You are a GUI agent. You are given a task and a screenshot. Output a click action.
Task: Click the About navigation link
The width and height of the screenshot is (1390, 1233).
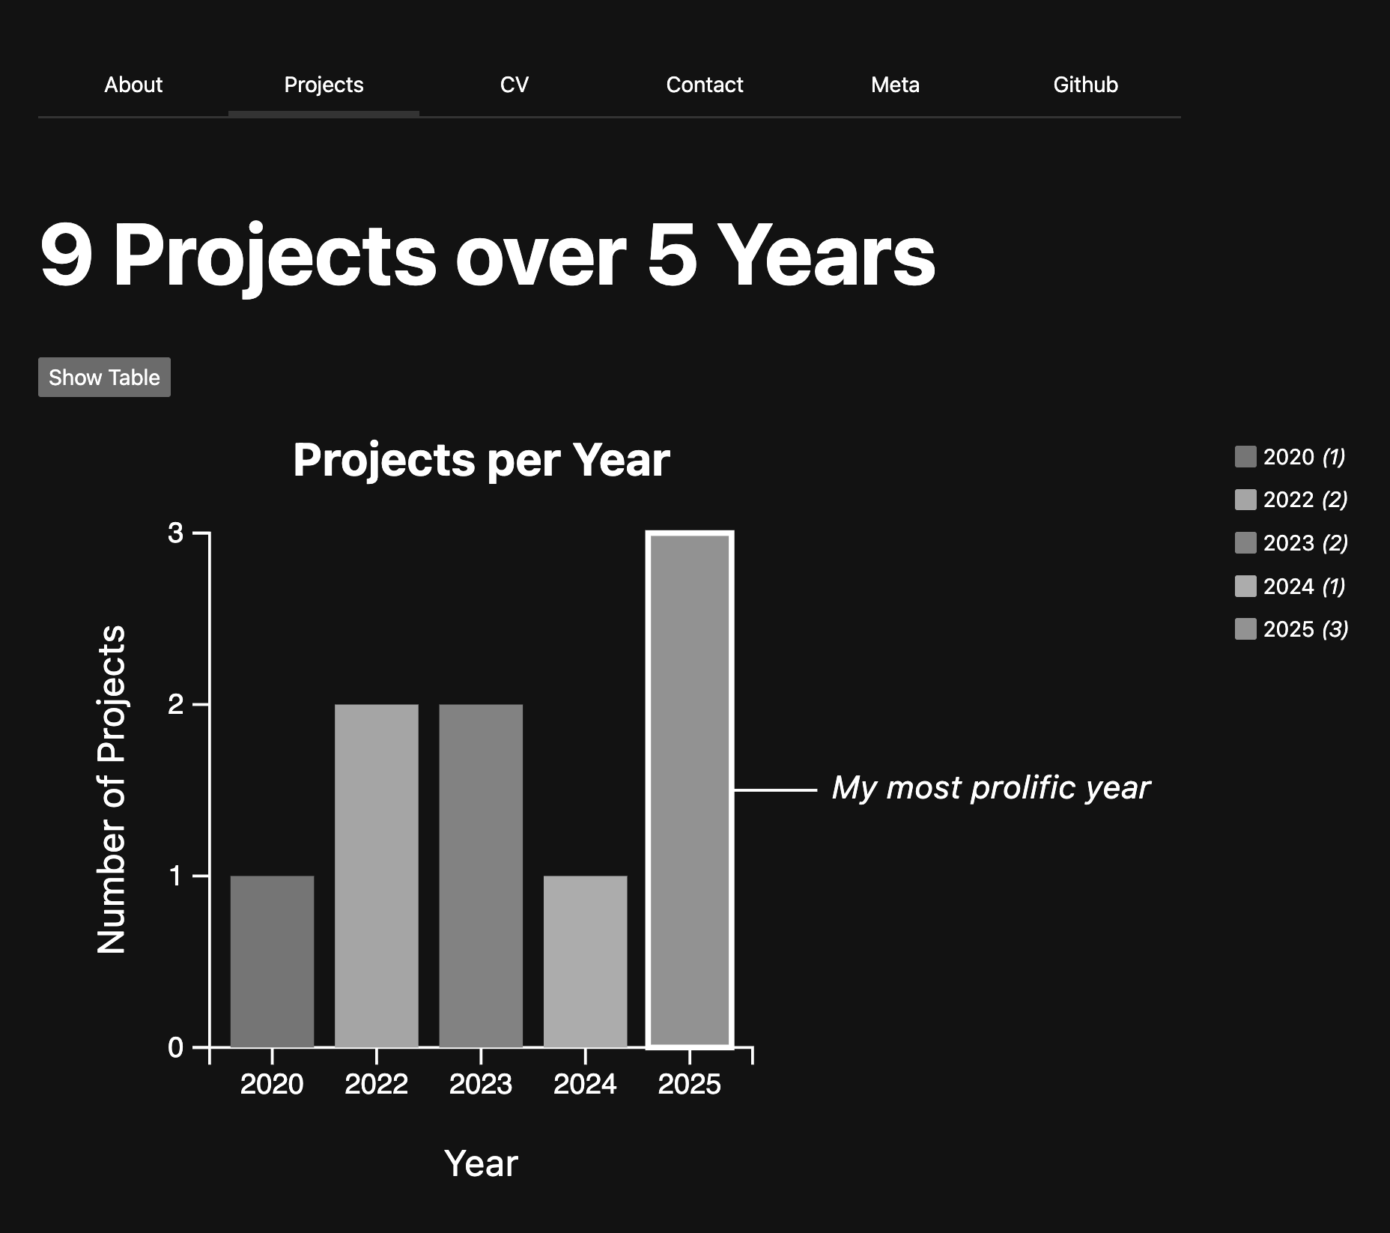(x=133, y=85)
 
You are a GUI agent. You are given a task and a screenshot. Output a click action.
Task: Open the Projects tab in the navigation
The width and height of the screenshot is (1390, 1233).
(x=324, y=85)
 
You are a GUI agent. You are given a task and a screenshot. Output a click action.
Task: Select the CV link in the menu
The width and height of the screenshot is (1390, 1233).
(x=515, y=85)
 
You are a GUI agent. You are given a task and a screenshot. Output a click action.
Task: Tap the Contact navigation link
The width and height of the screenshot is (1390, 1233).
(x=705, y=85)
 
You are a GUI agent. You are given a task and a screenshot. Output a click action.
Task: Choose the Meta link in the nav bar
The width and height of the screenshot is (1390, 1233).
(x=895, y=85)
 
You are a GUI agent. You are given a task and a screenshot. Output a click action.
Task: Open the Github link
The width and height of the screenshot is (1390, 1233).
(x=1085, y=85)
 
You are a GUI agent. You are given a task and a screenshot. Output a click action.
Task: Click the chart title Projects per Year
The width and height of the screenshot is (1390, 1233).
(x=482, y=459)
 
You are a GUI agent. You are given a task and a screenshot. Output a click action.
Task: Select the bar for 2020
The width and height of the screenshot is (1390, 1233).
(x=272, y=961)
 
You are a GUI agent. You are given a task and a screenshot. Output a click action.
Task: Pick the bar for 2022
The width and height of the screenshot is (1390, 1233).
(x=376, y=876)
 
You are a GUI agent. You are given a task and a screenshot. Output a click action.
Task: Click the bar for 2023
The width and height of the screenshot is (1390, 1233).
(x=481, y=876)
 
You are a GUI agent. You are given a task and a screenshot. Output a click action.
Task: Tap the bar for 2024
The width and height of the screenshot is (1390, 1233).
(x=585, y=961)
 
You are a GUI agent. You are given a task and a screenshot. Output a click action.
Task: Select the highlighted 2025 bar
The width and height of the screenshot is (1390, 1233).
(x=690, y=790)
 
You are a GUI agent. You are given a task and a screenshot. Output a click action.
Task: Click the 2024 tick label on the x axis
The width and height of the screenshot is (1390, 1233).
(x=585, y=1084)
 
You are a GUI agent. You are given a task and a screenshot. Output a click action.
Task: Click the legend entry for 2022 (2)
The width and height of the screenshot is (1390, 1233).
(x=1291, y=500)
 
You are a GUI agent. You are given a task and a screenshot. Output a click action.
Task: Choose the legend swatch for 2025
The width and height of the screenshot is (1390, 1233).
(x=1245, y=629)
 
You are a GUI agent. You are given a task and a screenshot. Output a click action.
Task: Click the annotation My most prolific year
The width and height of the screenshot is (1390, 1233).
(x=991, y=788)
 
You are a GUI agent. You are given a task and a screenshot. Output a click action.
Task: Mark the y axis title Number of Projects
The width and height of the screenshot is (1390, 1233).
(x=112, y=790)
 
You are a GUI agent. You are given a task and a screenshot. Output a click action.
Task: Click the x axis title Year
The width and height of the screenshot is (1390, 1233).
(x=481, y=1163)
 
